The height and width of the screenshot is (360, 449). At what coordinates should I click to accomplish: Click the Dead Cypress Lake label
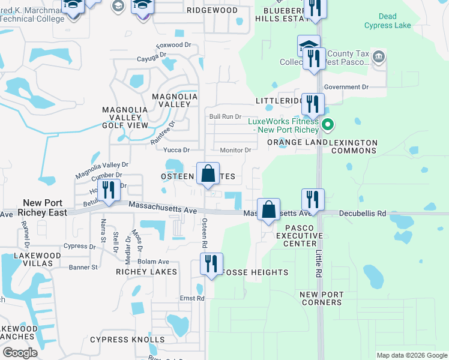387,21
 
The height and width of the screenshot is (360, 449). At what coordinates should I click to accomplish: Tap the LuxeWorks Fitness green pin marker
328,126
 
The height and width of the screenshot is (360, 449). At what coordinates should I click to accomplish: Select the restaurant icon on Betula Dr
109,190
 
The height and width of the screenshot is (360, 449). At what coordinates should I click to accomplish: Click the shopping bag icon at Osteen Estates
208,174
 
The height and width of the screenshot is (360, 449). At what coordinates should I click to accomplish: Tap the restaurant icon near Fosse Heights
211,264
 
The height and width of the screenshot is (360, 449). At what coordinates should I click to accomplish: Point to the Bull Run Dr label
224,116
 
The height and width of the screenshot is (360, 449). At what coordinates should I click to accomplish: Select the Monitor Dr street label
235,150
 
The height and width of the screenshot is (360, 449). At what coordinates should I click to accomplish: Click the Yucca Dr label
178,150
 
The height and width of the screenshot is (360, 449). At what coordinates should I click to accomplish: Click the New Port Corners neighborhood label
321,298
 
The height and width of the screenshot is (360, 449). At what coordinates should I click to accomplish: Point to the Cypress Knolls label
127,340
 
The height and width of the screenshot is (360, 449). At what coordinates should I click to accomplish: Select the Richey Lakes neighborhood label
147,272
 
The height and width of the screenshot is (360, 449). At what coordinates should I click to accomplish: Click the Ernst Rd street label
192,298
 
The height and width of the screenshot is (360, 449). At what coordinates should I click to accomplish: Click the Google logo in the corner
20,353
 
